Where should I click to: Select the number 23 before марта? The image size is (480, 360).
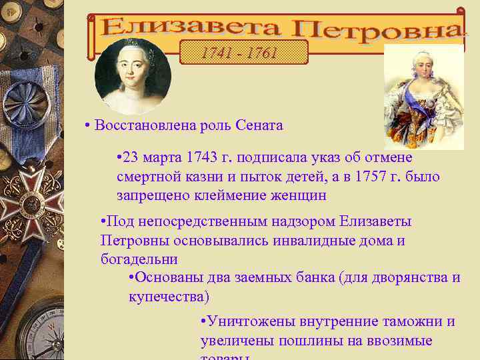click(x=131, y=158)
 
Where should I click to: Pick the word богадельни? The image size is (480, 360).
click(x=139, y=259)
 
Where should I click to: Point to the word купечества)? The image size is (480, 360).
click(x=169, y=296)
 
